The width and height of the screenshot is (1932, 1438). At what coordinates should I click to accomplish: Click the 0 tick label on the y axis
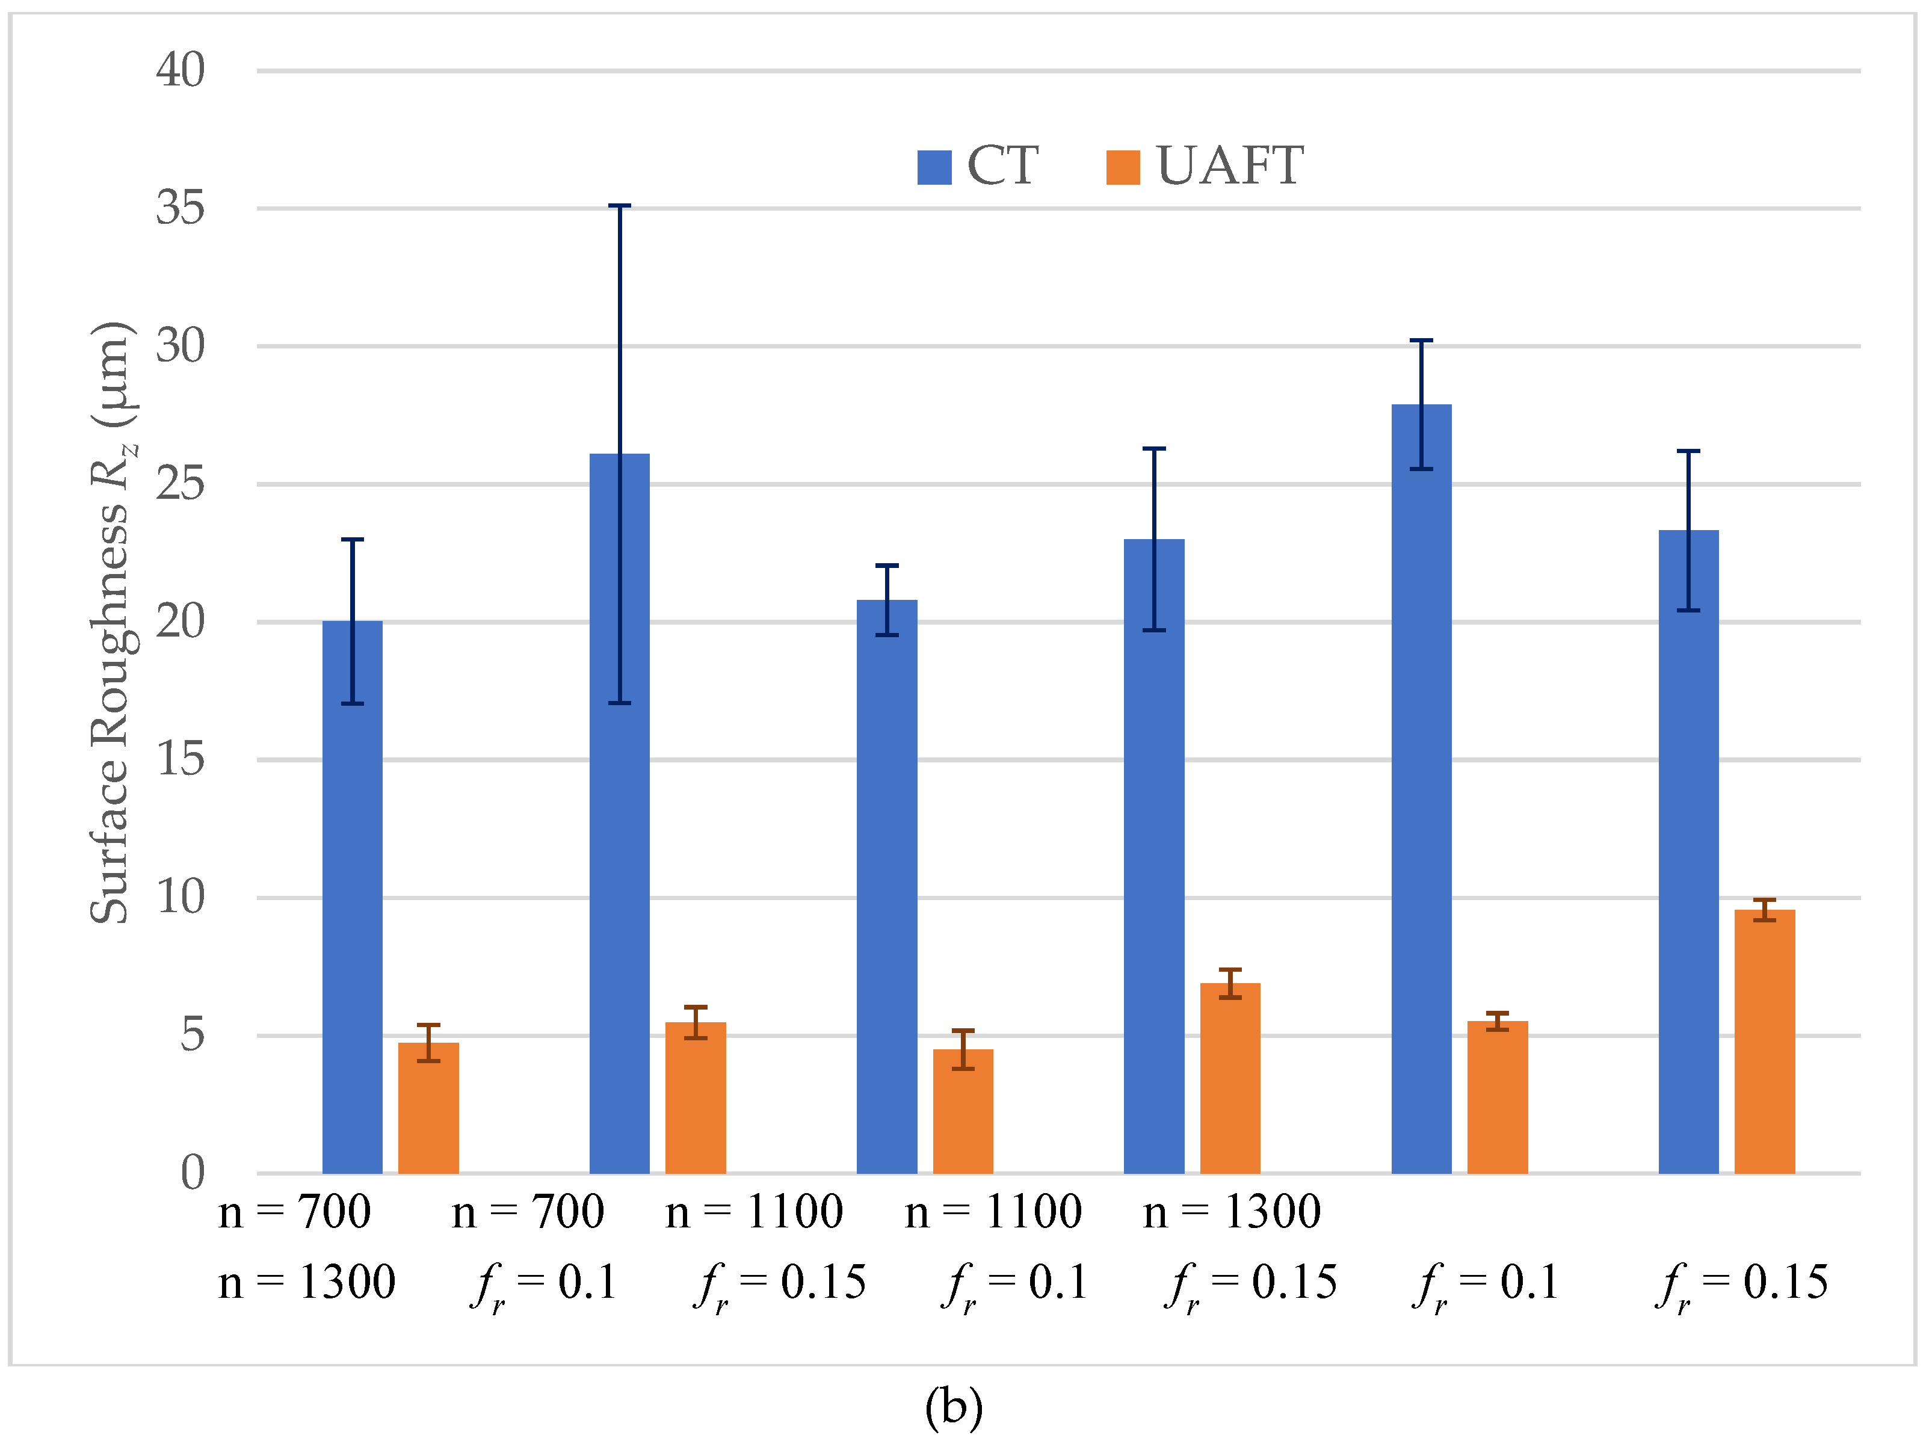click(x=193, y=1173)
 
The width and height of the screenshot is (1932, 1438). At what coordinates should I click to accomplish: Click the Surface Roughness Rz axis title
click(x=113, y=622)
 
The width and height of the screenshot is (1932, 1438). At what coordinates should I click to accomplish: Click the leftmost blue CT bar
click(x=353, y=896)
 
